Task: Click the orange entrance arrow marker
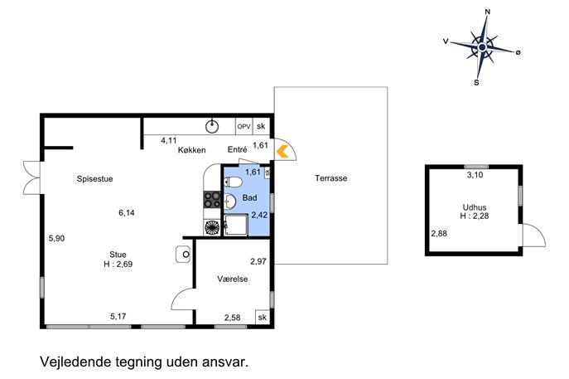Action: pyautogui.click(x=282, y=151)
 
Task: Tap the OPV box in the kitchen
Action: pyautogui.click(x=244, y=126)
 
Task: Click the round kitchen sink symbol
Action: pyautogui.click(x=212, y=126)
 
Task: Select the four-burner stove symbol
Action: pyautogui.click(x=212, y=200)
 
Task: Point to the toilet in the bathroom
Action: pyautogui.click(x=233, y=182)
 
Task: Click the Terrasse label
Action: pyautogui.click(x=331, y=178)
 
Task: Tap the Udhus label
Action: pyautogui.click(x=475, y=207)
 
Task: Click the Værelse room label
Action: pyautogui.click(x=233, y=279)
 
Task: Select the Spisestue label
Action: pyautogui.click(x=94, y=179)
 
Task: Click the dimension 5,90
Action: pyautogui.click(x=56, y=238)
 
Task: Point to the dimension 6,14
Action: pyautogui.click(x=127, y=212)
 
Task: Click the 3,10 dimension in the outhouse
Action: pyautogui.click(x=475, y=175)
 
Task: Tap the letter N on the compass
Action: pyautogui.click(x=487, y=12)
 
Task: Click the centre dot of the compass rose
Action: pyautogui.click(x=482, y=47)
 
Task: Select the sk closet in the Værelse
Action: pyautogui.click(x=262, y=317)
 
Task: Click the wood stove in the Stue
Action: pyautogui.click(x=183, y=255)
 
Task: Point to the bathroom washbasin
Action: pyautogui.click(x=229, y=201)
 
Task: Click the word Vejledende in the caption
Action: pyautogui.click(x=75, y=362)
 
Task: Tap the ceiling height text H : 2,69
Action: pyautogui.click(x=118, y=265)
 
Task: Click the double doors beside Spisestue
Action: pyautogui.click(x=32, y=177)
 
